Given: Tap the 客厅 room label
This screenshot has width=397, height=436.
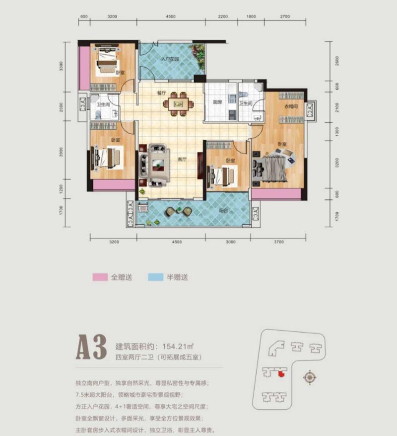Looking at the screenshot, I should click(182, 160).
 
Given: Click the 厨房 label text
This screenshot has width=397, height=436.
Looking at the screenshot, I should click(216, 102).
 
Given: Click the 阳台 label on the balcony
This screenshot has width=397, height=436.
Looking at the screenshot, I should click(224, 211).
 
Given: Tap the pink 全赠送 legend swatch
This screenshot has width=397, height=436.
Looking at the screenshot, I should click(101, 277).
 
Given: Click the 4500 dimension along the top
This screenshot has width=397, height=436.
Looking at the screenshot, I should click(171, 16).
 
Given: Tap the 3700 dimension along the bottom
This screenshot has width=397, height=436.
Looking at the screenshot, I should click(278, 242).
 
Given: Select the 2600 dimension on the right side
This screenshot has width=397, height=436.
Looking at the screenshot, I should click(337, 61).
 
